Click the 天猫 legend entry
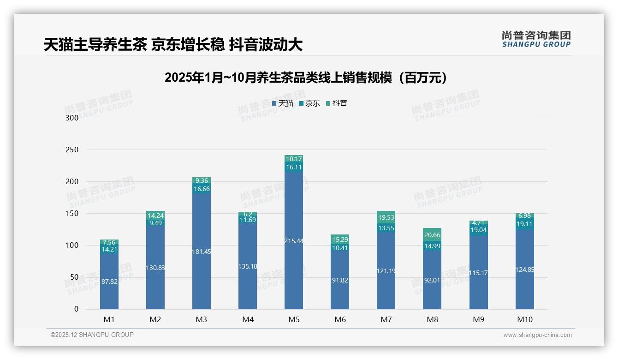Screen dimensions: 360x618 pos(283,103)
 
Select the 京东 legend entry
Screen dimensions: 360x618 pos(309,103)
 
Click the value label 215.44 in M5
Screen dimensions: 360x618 pos(294,241)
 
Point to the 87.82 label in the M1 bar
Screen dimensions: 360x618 pos(109,282)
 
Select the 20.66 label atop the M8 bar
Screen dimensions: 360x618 pos(432,235)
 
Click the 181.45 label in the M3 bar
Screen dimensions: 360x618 pos(202,252)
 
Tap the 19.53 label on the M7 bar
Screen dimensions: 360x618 pos(386,217)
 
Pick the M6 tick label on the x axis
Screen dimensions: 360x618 pos(340,320)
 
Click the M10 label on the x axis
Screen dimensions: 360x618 pos(524,320)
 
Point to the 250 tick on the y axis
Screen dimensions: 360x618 pos(73,150)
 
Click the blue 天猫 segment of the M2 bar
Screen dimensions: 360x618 pos(155,286)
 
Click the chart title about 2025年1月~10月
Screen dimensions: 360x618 pos(306,78)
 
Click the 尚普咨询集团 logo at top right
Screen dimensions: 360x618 pos(536,39)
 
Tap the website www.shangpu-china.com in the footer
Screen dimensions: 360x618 pos(537,335)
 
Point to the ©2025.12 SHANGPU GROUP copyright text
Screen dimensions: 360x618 pos(92,335)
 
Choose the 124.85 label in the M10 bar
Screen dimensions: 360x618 pos(524,270)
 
